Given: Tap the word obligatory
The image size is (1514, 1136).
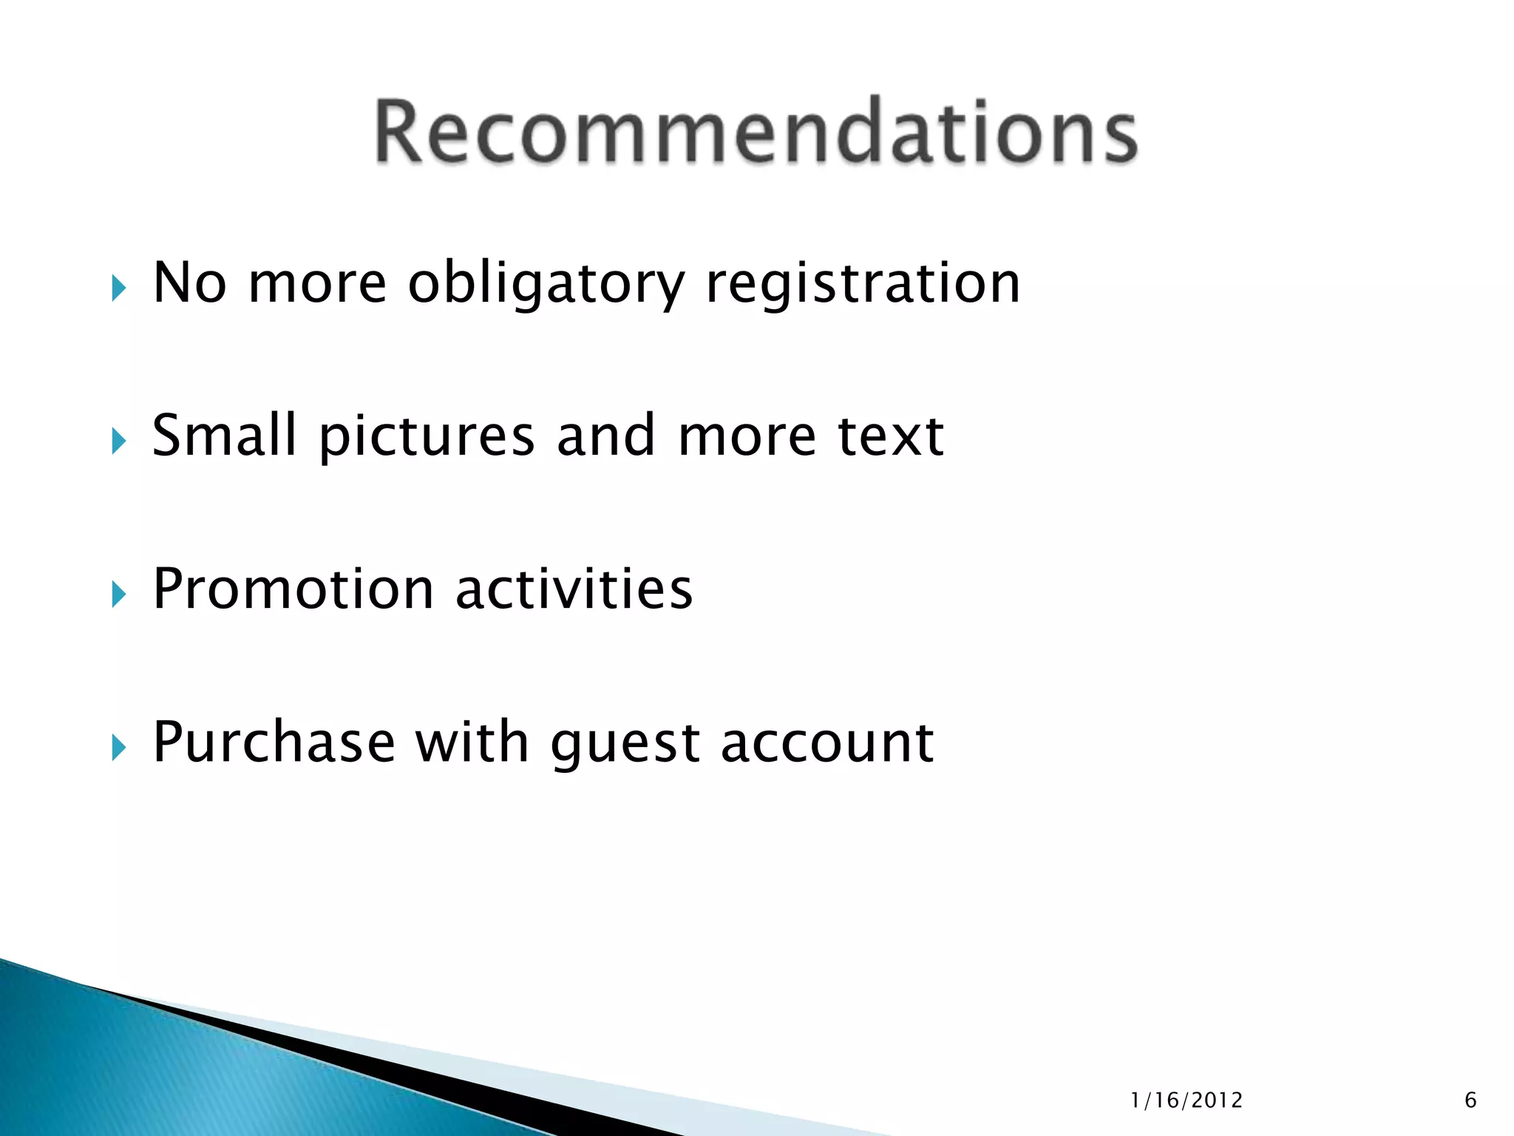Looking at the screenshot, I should coord(546,285).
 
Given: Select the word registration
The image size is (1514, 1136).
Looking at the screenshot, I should coord(863,285).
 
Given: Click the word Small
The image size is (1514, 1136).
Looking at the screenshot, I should coord(224,436).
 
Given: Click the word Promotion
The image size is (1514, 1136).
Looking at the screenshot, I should coord(293,589).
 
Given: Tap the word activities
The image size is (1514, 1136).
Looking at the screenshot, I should coord(574,589).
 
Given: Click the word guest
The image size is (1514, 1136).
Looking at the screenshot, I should coord(625,744).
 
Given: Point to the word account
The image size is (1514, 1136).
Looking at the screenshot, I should coord(827,743).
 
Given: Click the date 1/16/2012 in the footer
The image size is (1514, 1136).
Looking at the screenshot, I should coord(1187,1100).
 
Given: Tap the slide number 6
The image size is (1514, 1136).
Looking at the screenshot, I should coord(1470,1100).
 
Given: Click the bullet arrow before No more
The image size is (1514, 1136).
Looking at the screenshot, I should coord(119,288).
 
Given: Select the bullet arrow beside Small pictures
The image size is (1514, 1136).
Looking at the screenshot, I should coord(119,442).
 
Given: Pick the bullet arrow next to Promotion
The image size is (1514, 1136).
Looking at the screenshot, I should coord(119,594).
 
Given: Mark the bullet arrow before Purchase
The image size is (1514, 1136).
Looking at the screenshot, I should coord(119,748).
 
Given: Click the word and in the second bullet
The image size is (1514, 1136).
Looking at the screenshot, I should coord(605,436).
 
